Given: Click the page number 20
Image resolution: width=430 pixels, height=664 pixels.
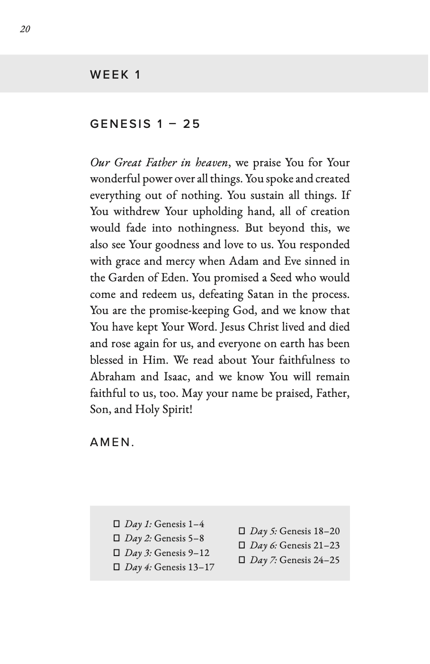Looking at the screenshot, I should [25, 29].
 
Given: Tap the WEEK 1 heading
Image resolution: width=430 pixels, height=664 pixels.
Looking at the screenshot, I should [116, 74].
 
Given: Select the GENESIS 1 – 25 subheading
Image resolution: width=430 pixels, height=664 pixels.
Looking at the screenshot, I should [145, 124].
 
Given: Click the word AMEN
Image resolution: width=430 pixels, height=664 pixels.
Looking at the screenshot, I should [112, 442].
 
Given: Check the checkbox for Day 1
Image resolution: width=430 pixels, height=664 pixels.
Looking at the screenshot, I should [116, 524].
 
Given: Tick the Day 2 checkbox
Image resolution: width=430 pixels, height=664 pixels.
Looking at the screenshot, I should [116, 538].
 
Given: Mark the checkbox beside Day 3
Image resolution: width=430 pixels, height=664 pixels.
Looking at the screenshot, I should [116, 553].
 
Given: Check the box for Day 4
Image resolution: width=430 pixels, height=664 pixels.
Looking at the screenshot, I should [116, 567].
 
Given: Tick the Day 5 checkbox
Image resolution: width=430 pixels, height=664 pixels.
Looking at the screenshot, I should [242, 531].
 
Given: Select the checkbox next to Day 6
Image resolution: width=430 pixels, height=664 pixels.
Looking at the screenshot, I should [242, 546].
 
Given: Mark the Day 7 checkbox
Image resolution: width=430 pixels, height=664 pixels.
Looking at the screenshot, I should [242, 560].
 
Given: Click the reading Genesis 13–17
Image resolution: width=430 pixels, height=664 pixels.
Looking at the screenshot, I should [184, 567].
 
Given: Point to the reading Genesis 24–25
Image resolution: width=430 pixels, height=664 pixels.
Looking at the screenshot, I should [309, 560].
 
